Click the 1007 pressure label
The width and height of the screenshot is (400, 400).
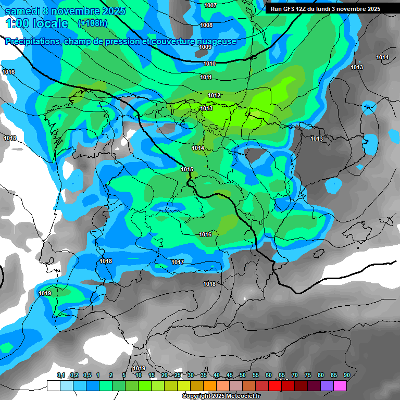tap(210, 5)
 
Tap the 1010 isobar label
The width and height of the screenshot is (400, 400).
tap(209, 64)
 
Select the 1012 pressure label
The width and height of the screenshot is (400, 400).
tap(214, 95)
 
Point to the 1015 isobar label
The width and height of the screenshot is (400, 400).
tap(187, 169)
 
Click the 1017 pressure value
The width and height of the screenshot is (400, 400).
tap(178, 262)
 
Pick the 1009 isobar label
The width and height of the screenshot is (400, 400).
tap(205, 47)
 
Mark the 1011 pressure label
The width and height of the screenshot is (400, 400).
tap(206, 77)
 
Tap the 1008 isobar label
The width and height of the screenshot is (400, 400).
tap(206, 25)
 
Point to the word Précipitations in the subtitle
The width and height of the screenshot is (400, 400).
tap(33, 42)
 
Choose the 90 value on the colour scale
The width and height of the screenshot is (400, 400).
tap(346, 375)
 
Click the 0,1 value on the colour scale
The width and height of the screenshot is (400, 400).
tap(61, 375)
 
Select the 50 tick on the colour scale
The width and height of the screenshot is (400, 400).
tap(243, 375)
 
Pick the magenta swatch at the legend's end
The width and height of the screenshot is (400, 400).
tap(340, 386)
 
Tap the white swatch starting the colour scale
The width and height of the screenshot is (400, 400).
tap(53, 386)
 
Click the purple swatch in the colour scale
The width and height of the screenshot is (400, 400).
tap(327, 386)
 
